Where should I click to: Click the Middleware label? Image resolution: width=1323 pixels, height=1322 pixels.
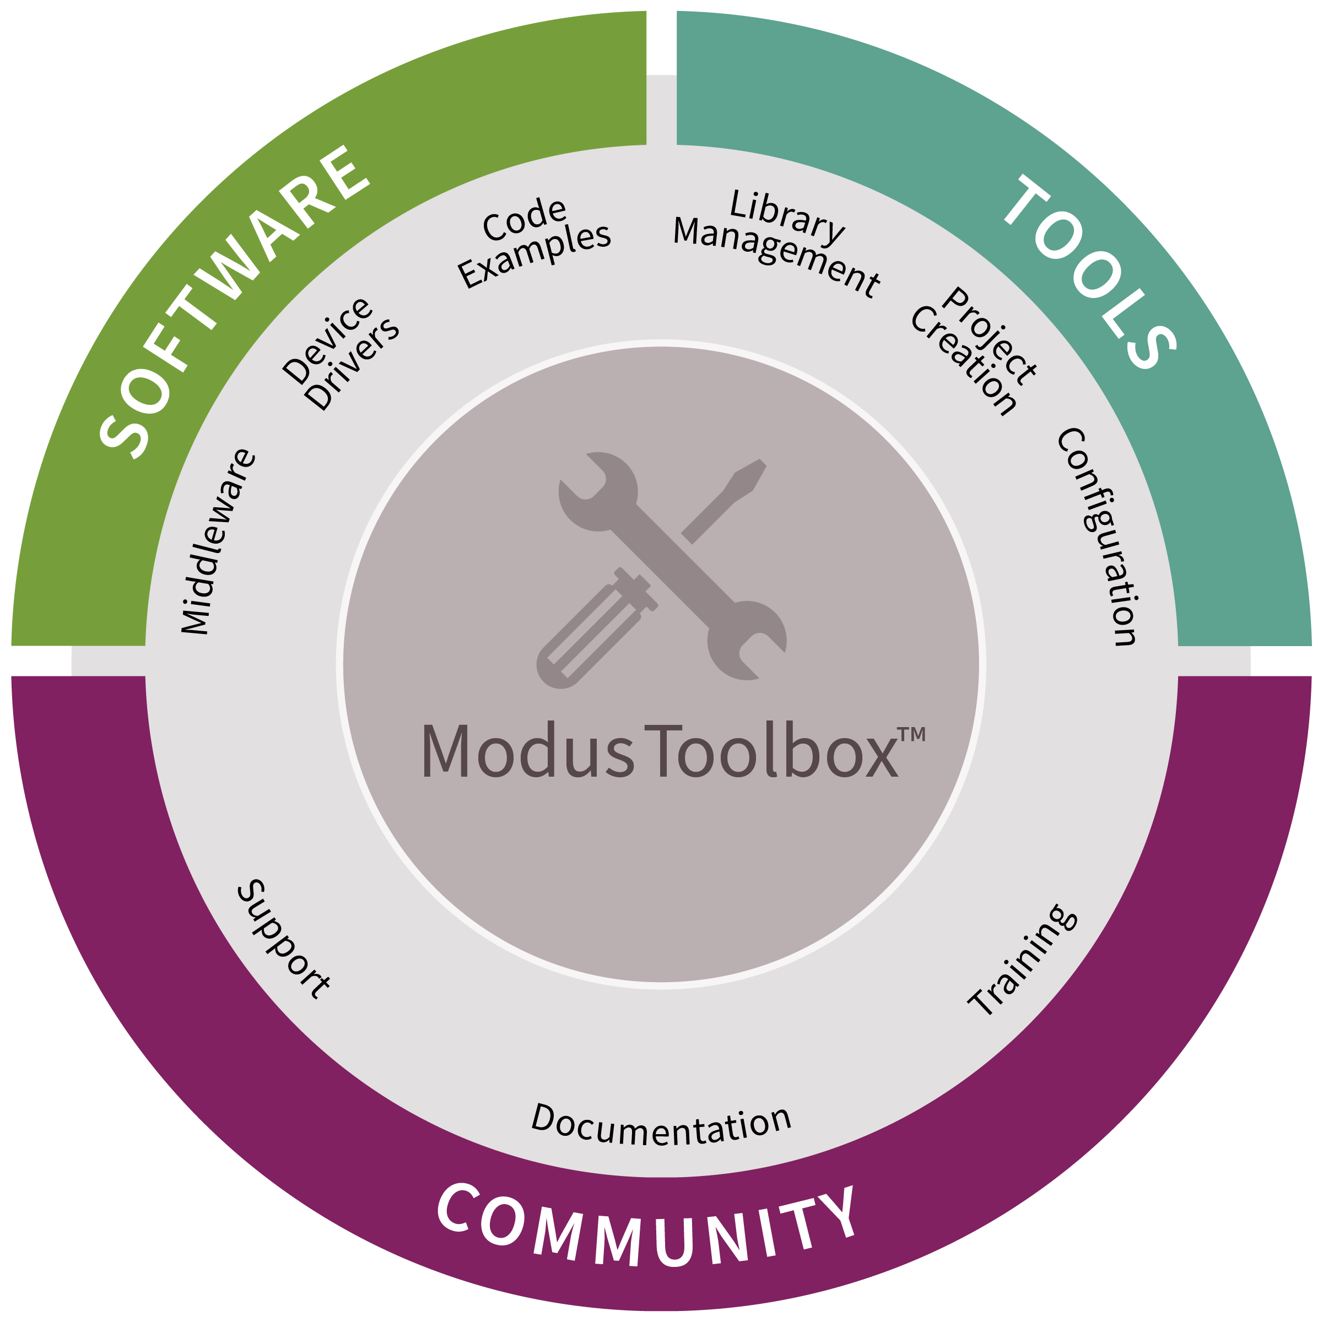pos(218,541)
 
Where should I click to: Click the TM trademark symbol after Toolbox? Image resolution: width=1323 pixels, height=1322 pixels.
pos(911,735)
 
